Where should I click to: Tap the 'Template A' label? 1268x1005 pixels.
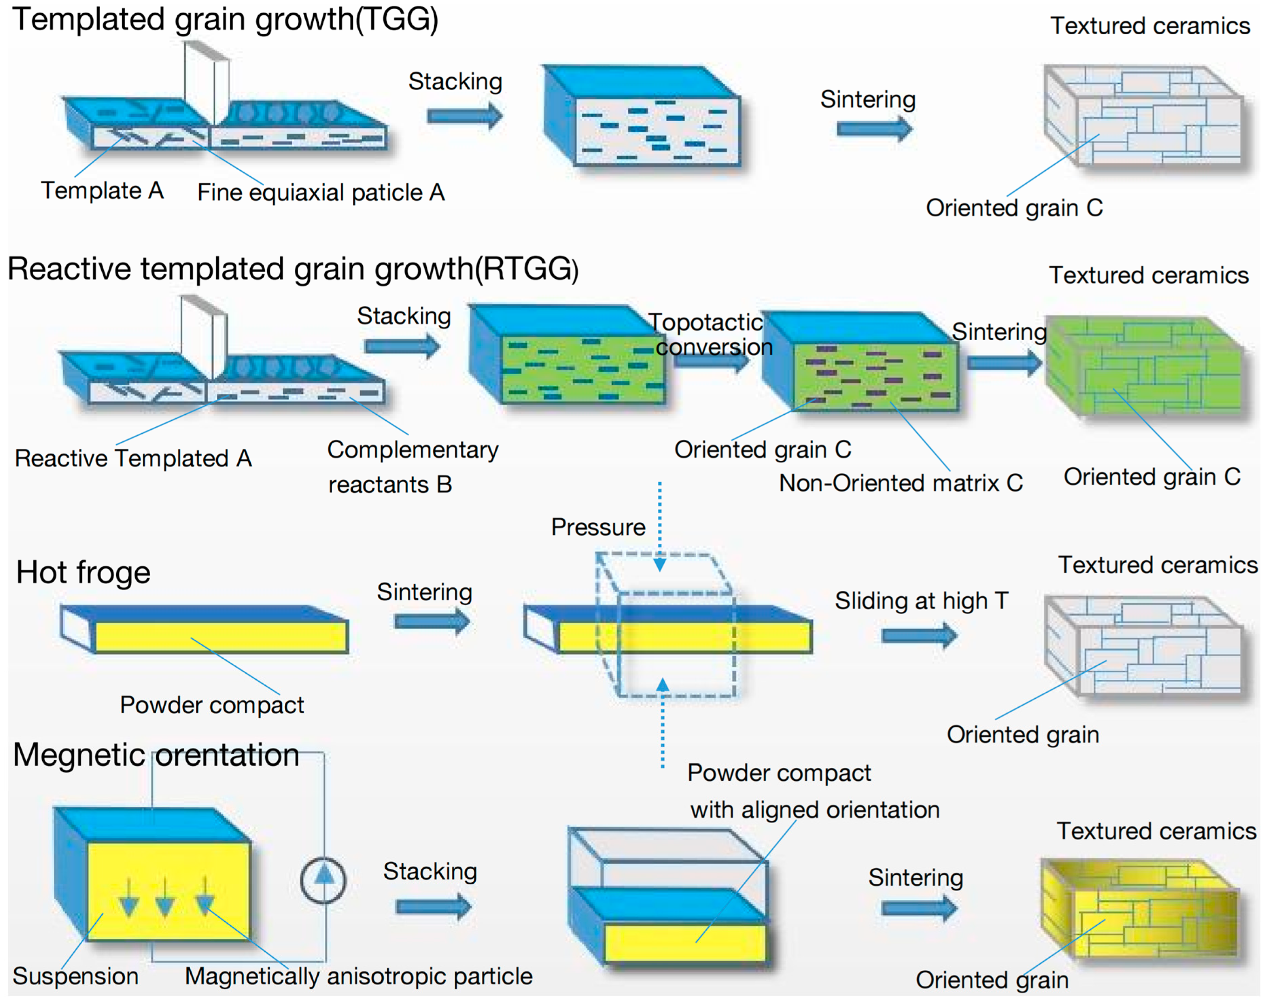coord(102,191)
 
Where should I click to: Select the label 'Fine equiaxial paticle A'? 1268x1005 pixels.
coord(320,192)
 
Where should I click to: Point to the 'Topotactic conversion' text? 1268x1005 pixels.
coord(710,334)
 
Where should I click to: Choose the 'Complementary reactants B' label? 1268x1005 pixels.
coord(412,467)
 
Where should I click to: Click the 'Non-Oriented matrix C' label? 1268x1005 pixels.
coord(900,483)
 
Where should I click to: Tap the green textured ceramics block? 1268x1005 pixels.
coord(1144,368)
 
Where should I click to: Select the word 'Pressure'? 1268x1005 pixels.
coord(598,527)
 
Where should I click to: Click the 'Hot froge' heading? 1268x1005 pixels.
coord(83,572)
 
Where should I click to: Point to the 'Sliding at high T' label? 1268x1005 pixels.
coord(921,601)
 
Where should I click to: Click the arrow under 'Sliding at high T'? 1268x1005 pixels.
coord(919,635)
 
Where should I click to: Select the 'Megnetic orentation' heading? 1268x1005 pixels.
coord(156,755)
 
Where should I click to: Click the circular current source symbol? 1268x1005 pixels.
coord(323,880)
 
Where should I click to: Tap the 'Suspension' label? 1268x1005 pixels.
coord(75,976)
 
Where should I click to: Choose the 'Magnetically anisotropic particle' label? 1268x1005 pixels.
coord(358,976)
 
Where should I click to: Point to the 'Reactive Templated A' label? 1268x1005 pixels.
coord(133,458)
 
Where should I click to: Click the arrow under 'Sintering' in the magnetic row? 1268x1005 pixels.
coord(919,908)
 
